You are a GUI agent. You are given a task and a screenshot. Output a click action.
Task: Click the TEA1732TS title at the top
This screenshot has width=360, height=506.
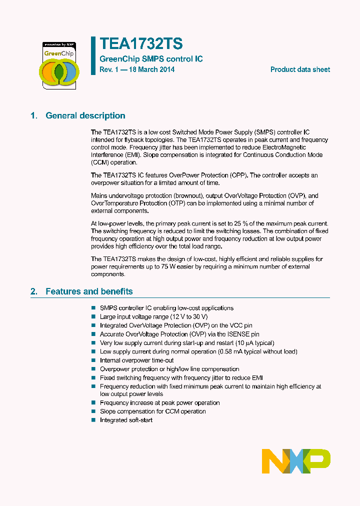[x=141, y=43]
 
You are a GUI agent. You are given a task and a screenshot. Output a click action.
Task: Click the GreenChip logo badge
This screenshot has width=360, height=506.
[x=58, y=65]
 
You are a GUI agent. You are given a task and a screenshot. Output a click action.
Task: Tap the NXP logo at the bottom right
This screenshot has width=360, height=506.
[x=296, y=460]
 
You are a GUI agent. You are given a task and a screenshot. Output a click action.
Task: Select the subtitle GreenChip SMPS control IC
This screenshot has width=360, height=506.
[x=151, y=59]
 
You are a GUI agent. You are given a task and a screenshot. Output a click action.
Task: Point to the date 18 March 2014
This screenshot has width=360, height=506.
[x=151, y=69]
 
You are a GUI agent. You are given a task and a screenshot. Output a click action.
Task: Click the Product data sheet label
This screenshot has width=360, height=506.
[x=300, y=69]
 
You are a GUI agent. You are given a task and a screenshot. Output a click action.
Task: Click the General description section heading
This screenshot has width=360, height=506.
[x=85, y=115]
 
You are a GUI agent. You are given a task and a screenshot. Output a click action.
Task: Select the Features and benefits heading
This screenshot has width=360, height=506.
[x=89, y=291]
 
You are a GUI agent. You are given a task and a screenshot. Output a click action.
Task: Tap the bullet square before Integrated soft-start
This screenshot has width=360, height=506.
[x=93, y=420]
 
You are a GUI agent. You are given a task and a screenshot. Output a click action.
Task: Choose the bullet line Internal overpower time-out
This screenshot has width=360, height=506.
[x=136, y=360]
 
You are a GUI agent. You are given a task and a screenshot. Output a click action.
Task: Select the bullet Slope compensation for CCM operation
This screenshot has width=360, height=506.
[x=152, y=411]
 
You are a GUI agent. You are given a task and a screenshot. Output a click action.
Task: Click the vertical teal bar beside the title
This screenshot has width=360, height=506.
[x=92, y=55]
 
